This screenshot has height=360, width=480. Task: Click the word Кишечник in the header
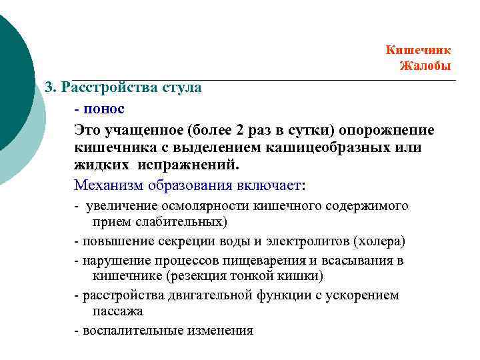(x=418, y=50)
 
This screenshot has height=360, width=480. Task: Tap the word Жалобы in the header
(x=425, y=65)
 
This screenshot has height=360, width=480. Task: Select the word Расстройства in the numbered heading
(x=109, y=87)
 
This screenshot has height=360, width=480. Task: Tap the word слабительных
(x=175, y=221)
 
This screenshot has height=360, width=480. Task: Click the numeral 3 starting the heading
(x=48, y=87)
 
